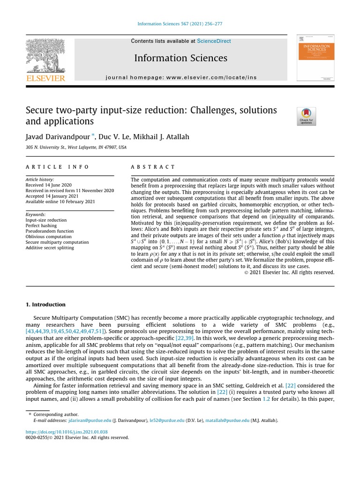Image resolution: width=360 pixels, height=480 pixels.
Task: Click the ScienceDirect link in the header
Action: (214, 41)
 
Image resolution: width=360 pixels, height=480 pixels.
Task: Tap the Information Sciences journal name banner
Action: (180, 58)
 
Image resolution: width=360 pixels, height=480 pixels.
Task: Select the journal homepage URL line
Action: (181, 77)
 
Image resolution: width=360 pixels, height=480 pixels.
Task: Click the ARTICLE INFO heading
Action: (58, 167)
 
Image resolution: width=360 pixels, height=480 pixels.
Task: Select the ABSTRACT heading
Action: (153, 167)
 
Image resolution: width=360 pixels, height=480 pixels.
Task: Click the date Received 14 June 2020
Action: (48, 185)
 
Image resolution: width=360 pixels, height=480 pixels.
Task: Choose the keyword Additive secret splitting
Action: (50, 248)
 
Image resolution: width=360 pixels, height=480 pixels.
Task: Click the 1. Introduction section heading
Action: (45, 305)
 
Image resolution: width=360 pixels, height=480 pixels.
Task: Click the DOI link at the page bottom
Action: (67, 432)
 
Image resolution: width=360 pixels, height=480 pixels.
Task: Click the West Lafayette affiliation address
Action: (76, 147)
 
